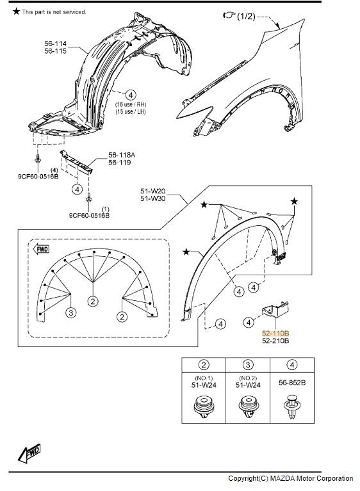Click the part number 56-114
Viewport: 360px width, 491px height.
pyautogui.click(x=56, y=44)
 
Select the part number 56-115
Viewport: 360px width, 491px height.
pyautogui.click(x=56, y=51)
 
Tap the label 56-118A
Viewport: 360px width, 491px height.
pyautogui.click(x=122, y=155)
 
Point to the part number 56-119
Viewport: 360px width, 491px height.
pyautogui.click(x=120, y=163)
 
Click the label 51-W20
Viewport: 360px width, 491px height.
pyautogui.click(x=153, y=191)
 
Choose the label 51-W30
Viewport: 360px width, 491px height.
pyautogui.click(x=153, y=198)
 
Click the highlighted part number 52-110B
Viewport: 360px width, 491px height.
pyautogui.click(x=275, y=333)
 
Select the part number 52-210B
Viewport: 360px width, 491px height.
pyautogui.click(x=275, y=341)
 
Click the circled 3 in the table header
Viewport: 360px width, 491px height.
pyautogui.click(x=248, y=365)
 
